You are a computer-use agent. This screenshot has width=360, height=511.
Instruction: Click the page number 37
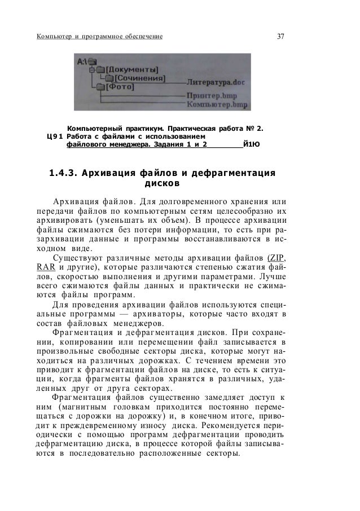point(280,37)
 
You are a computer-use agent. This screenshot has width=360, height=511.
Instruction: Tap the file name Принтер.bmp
point(208,96)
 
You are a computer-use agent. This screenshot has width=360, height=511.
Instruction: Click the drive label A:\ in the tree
point(85,61)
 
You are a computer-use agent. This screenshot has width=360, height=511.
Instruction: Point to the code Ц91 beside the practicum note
point(54,135)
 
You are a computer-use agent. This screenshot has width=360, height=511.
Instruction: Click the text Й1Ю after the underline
point(252,145)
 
